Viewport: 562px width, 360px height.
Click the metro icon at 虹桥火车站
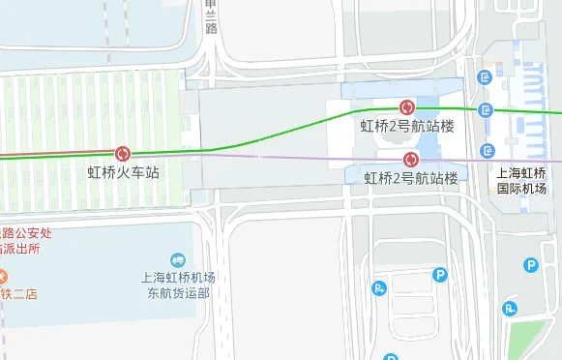point(123,154)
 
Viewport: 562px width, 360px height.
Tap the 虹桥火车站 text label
point(123,172)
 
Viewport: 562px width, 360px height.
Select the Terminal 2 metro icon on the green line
point(407,107)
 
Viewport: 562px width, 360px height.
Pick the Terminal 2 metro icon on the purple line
point(410,159)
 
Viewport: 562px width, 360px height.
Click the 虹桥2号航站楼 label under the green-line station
point(407,126)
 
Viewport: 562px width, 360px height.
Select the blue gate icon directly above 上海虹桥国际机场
point(487,150)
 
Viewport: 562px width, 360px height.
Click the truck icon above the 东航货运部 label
point(177,259)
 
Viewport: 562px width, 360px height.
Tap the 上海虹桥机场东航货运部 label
point(177,285)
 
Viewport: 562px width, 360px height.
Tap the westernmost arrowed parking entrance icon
point(379,286)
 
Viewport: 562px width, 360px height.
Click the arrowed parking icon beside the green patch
point(509,309)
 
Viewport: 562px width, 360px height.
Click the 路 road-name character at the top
point(212,27)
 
